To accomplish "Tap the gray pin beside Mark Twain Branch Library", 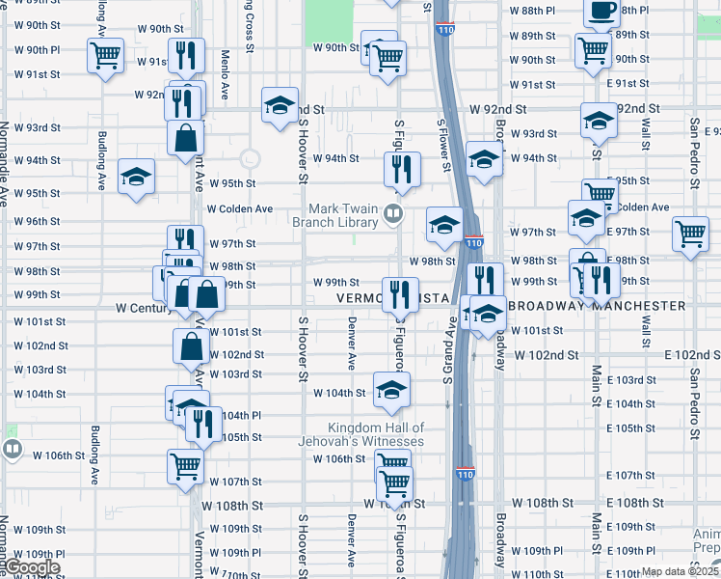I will pyautogui.click(x=393, y=212).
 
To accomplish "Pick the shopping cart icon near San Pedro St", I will pyautogui.click(x=691, y=233).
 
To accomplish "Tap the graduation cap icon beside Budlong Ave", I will pyautogui.click(x=136, y=176).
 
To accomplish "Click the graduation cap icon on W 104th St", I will pyautogui.click(x=391, y=389).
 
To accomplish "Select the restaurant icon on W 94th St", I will pyautogui.click(x=401, y=168).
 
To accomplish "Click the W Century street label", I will pyautogui.click(x=143, y=308).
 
